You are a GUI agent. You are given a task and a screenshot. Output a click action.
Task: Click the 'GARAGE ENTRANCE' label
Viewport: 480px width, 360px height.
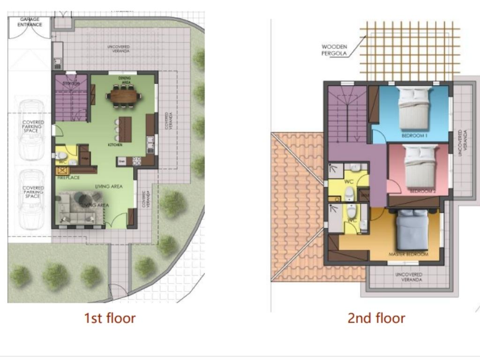[x=30, y=22]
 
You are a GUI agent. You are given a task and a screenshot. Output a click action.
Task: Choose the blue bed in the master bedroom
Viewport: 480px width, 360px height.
[x=412, y=230]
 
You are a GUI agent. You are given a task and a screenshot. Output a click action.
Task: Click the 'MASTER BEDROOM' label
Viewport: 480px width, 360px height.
[x=408, y=254]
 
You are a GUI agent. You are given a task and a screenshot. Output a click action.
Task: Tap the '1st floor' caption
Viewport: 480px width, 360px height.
[x=110, y=318]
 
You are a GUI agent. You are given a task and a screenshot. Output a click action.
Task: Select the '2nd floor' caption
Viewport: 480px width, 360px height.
[x=376, y=318]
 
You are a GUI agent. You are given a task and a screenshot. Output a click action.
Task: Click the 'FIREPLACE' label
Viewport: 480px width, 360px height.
[x=68, y=178]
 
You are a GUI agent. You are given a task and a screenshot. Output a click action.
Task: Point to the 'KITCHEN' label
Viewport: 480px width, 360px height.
[x=115, y=145]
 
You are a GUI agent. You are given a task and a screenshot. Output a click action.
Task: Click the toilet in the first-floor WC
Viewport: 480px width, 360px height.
[x=61, y=156]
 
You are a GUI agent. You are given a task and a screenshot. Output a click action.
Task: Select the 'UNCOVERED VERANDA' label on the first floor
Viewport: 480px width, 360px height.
[x=118, y=49]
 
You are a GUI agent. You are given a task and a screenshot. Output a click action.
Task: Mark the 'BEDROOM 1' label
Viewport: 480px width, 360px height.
[x=414, y=136]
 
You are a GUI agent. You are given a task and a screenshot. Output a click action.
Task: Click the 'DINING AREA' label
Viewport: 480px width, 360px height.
[x=124, y=80]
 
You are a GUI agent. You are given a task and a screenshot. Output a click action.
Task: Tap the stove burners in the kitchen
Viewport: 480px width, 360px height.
[x=137, y=161]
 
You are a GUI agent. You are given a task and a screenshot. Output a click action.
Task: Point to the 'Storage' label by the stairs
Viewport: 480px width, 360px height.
[x=71, y=83]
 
